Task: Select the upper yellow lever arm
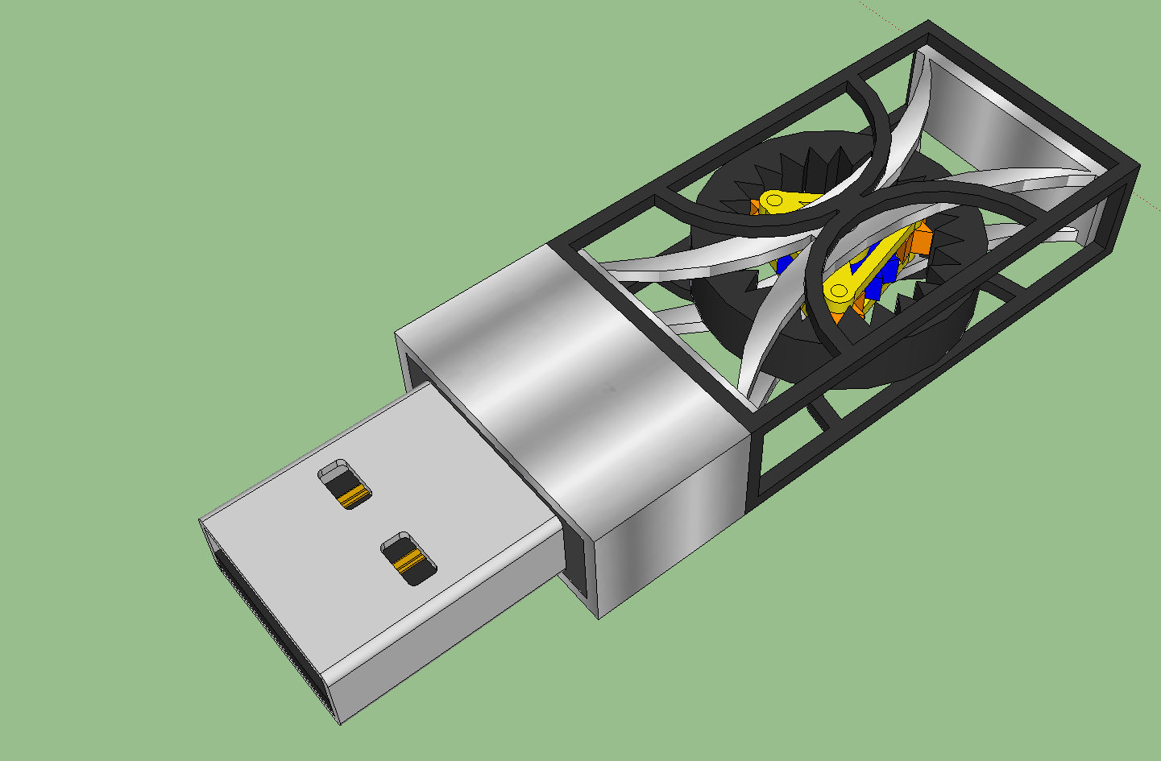(794, 201)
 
